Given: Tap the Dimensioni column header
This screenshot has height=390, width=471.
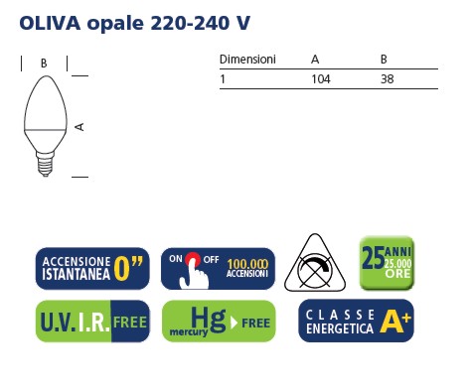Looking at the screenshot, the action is (247, 60).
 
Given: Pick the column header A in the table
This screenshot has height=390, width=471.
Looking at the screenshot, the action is (315, 60).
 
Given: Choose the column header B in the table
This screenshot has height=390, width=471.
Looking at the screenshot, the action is (384, 60).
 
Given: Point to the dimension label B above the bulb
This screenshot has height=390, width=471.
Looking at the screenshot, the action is (44, 63).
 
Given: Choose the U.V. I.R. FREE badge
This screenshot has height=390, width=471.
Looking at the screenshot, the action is (92, 321).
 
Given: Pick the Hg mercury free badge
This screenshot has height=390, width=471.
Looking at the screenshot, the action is (218, 321).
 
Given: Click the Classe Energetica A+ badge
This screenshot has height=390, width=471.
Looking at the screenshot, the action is (356, 321).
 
